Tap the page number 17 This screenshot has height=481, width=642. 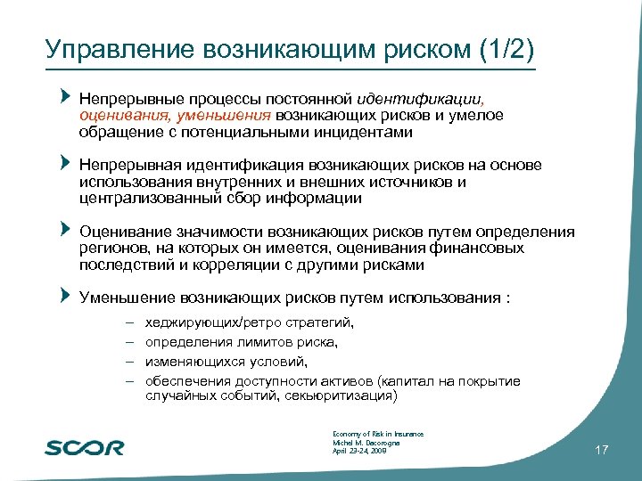click(x=601, y=451)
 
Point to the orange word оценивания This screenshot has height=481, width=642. click(x=115, y=115)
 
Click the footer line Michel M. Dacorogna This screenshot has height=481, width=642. click(x=366, y=443)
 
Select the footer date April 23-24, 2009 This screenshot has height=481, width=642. click(x=359, y=452)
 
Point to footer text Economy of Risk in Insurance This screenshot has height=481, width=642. click(x=377, y=434)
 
